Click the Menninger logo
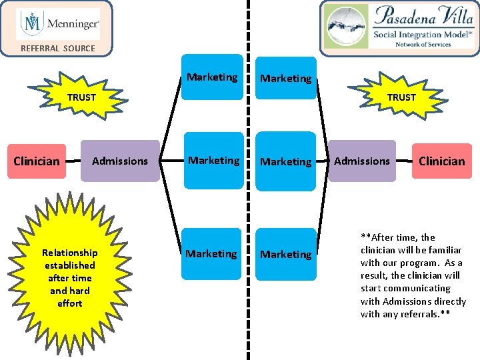pos(58,25)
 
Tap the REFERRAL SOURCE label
pos(58,48)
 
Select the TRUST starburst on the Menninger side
pos(81,97)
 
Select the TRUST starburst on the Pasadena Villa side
pos(401,97)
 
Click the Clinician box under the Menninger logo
pos(37,161)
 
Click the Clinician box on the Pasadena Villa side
pos(441,161)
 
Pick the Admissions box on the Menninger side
pos(120,161)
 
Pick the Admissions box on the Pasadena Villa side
pos(362,161)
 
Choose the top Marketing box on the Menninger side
pos(212,77)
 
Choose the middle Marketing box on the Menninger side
pos(213,161)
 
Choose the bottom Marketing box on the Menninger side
pos(211,254)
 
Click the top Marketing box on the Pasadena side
pos(285,79)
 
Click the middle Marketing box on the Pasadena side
pos(285,162)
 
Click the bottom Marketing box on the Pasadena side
pos(285,255)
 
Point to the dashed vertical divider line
pos(249,200)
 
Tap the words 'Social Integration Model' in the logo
pos(416,35)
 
